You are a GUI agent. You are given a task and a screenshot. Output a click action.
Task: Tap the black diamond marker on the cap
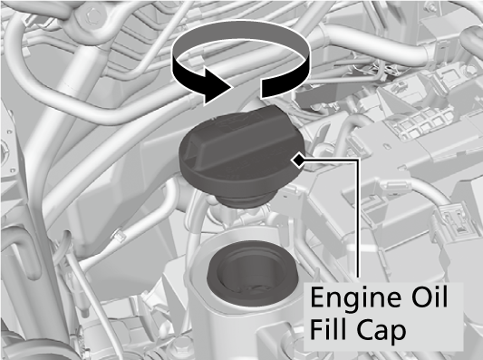coord(297,161)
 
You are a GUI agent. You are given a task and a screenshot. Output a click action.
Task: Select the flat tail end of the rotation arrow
coord(271,88)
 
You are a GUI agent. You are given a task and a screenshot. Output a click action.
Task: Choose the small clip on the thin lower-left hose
coord(115,238)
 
